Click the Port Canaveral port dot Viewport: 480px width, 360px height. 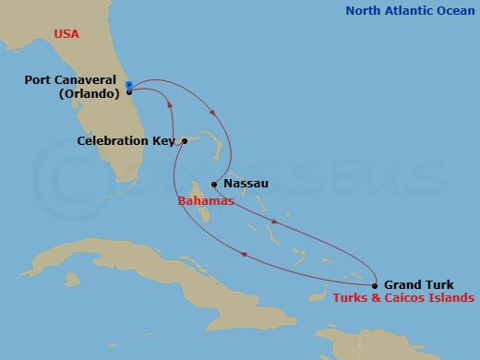[x=129, y=91]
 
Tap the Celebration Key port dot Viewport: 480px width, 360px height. [x=185, y=141]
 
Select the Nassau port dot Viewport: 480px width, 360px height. [x=214, y=183]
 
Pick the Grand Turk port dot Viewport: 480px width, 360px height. [x=374, y=285]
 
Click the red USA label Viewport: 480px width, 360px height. [x=66, y=34]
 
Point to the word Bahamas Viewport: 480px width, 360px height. [x=200, y=199]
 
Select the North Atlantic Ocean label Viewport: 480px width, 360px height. [x=411, y=11]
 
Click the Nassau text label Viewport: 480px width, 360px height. [x=246, y=183]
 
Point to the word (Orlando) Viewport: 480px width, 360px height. [x=90, y=93]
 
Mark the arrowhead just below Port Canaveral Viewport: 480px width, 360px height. [x=171, y=106]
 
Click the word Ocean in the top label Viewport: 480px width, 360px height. [x=452, y=11]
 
